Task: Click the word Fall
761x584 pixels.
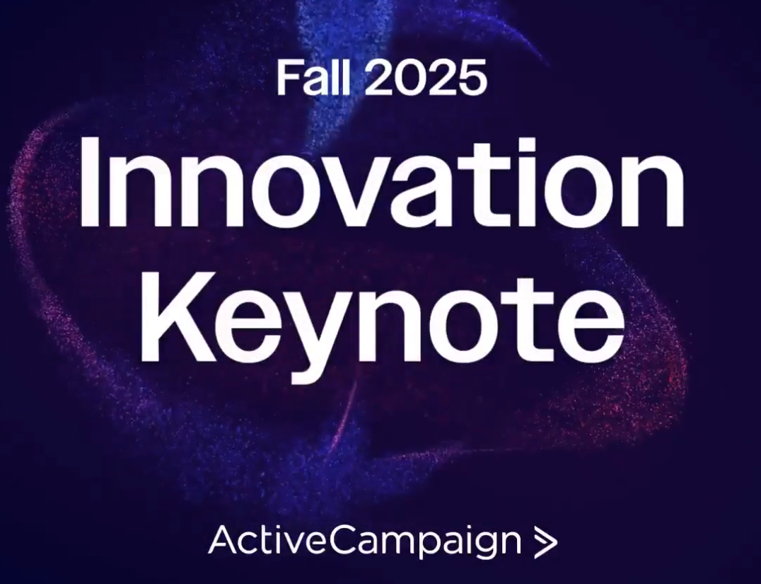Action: click(313, 76)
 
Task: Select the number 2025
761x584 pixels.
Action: click(425, 76)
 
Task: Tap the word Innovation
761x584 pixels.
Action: click(381, 183)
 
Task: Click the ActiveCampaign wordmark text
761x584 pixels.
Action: click(364, 540)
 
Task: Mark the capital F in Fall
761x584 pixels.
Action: click(287, 77)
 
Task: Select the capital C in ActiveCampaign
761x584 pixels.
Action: click(347, 540)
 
